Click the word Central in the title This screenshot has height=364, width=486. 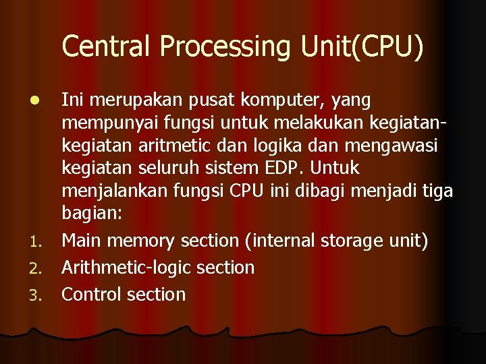[x=107, y=47]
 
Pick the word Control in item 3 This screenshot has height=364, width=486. [x=92, y=295]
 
